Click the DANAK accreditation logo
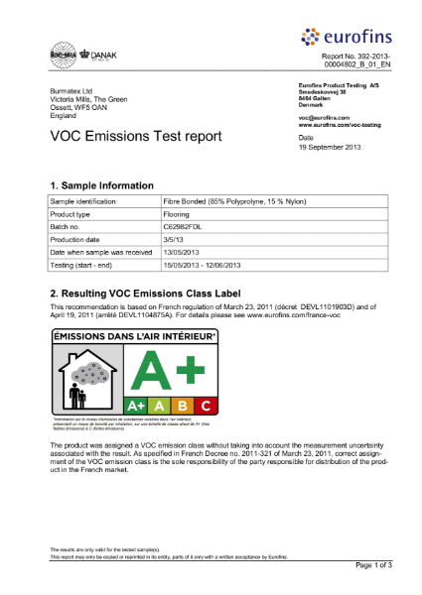[97, 55]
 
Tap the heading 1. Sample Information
[101, 185]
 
